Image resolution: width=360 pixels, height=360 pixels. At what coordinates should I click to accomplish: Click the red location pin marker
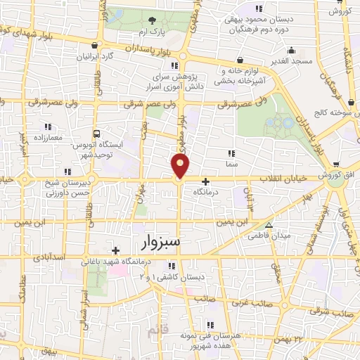pyautogui.click(x=181, y=167)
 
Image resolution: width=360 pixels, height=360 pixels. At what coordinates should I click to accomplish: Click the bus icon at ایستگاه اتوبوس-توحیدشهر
pyautogui.click(x=96, y=133)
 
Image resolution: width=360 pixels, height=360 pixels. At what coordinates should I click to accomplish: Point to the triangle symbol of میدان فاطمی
pyautogui.click(x=250, y=237)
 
